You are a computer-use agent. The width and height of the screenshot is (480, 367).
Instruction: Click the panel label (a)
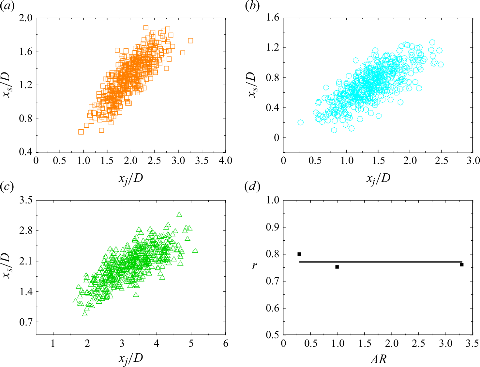click(x=7, y=6)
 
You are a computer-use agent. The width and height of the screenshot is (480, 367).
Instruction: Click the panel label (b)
click(x=252, y=6)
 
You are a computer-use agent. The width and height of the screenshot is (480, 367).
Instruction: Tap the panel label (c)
click(x=7, y=187)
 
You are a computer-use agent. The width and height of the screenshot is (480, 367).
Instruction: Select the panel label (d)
click(x=252, y=187)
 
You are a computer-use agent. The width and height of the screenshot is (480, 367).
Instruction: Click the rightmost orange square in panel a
click(x=190, y=41)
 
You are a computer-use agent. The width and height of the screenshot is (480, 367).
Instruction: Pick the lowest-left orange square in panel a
click(x=81, y=132)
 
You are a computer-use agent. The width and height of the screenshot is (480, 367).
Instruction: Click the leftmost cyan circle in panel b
click(x=301, y=122)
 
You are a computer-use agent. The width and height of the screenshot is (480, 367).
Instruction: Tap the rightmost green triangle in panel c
click(x=195, y=251)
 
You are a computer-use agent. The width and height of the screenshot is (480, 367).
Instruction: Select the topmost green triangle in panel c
click(x=179, y=215)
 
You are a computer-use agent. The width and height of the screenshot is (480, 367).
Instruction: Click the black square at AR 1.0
click(x=337, y=267)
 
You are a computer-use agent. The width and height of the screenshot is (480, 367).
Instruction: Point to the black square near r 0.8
click(x=299, y=254)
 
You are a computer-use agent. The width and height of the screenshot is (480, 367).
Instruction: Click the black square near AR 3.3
click(x=462, y=264)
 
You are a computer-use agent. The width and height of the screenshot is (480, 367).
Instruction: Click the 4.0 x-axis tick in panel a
click(x=225, y=161)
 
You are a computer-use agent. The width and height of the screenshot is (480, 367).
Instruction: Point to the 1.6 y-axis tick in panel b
click(x=273, y=18)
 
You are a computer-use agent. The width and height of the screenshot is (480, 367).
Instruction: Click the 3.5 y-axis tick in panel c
click(x=26, y=200)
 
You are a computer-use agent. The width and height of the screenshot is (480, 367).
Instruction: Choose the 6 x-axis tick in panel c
click(x=225, y=343)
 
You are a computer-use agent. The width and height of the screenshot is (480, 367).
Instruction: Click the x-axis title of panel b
click(x=378, y=178)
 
